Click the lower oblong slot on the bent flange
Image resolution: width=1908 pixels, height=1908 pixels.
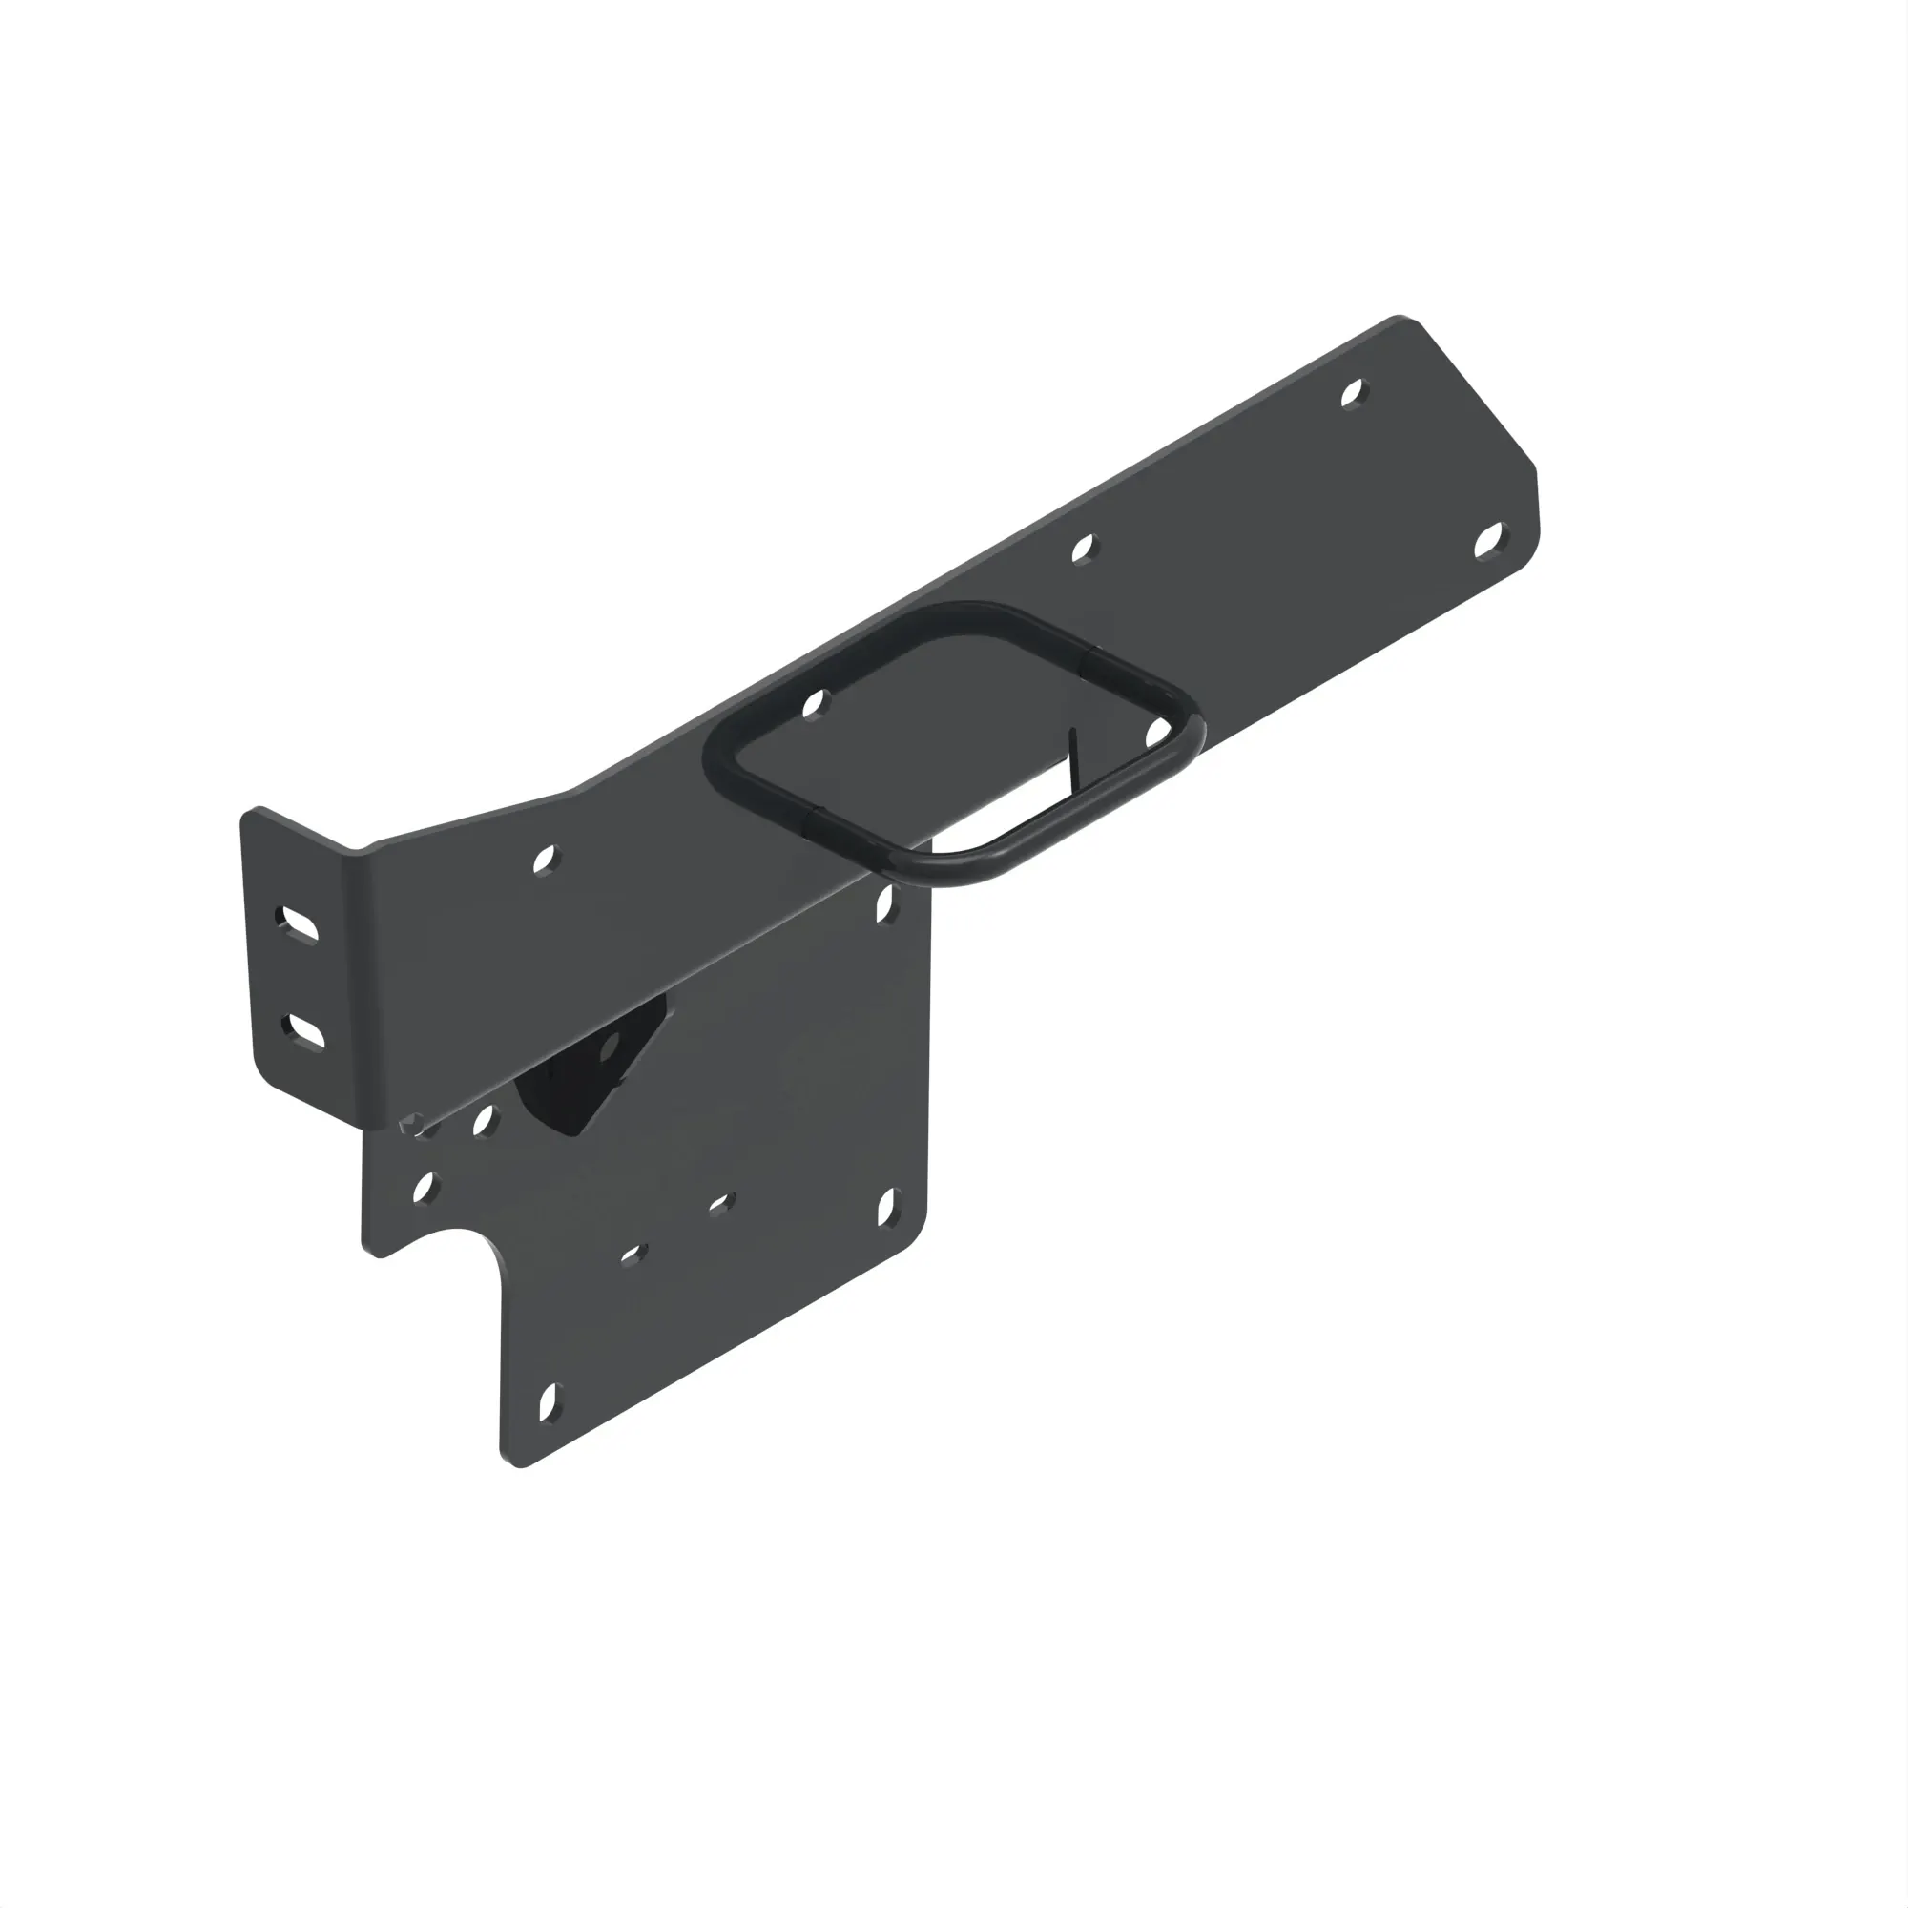(x=303, y=1030)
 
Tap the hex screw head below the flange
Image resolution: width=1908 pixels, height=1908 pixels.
(x=413, y=1123)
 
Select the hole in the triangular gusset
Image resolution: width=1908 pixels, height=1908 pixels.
(x=610, y=1047)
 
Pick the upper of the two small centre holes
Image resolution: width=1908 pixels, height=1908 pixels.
(x=721, y=1203)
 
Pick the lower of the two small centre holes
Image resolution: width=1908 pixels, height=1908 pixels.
(x=630, y=1255)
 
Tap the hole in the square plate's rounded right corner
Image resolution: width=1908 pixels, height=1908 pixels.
(x=887, y=1206)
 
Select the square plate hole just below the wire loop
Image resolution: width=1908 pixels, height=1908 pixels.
(x=886, y=903)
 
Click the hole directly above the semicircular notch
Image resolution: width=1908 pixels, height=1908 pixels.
(x=425, y=1187)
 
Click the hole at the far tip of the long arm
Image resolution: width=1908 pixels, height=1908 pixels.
(x=1489, y=540)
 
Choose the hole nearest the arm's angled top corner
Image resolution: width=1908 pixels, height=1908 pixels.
(x=1354, y=393)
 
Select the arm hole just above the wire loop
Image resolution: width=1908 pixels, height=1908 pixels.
(x=1085, y=549)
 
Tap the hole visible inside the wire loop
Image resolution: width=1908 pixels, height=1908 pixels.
(x=814, y=705)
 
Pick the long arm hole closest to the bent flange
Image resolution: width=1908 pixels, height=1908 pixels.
(x=544, y=861)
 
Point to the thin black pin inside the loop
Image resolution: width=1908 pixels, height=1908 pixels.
(x=1074, y=758)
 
